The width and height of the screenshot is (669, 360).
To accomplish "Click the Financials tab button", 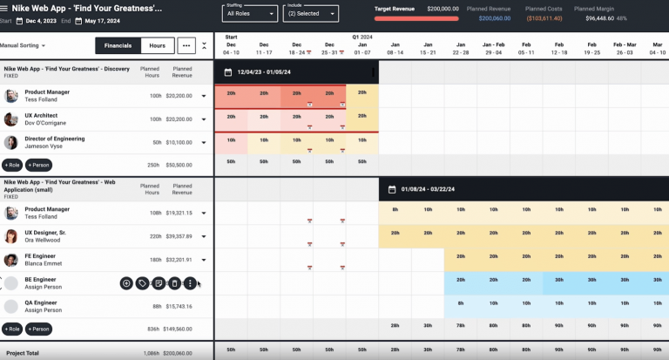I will (x=118, y=45).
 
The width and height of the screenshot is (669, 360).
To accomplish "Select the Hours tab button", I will (x=157, y=45).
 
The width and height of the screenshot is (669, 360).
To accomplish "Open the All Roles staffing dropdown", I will (x=249, y=14).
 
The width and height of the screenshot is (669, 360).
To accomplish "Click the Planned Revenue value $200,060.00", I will (x=495, y=17).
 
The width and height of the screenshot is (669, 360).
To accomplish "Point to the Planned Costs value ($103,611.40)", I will (x=544, y=17).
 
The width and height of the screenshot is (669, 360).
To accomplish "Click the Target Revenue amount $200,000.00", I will (x=443, y=8).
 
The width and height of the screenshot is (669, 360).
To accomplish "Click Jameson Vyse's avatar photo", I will (x=10, y=142).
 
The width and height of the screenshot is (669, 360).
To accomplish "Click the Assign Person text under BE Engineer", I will (x=43, y=287).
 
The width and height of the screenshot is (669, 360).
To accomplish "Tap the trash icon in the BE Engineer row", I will (x=174, y=283).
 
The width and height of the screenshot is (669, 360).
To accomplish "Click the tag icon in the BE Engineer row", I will (x=142, y=283).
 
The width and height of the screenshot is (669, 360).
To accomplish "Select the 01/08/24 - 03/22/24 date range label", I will (x=429, y=189).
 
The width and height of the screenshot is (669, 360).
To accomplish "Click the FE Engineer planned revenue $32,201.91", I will (x=179, y=260).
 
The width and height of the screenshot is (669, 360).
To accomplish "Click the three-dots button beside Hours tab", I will (x=186, y=45).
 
